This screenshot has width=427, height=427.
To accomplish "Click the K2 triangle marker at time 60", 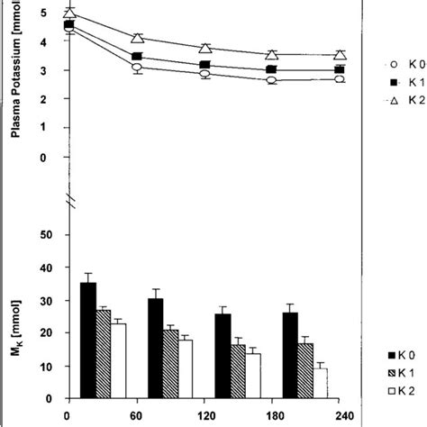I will pos(137,39).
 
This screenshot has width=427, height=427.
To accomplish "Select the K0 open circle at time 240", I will pos(339,79).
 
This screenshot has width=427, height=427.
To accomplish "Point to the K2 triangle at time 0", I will pos(69,13).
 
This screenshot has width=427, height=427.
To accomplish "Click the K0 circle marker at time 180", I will pos(271,80).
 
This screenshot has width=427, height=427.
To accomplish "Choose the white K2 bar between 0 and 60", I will pos(118,360).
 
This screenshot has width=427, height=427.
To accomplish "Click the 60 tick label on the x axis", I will pos(137,416).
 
